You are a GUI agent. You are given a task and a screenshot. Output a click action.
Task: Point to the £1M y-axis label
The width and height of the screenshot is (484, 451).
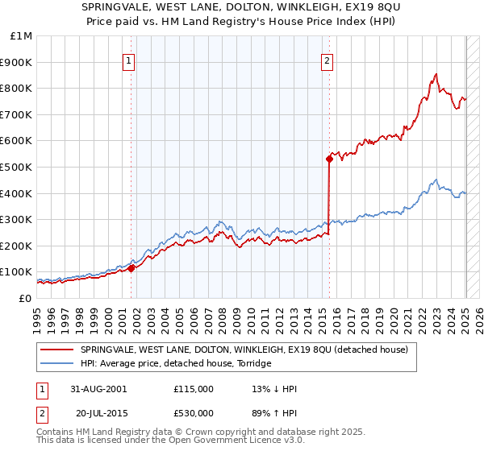coord(21,35)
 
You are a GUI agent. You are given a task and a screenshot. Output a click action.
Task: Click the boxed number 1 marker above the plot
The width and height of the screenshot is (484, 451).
coord(130,59)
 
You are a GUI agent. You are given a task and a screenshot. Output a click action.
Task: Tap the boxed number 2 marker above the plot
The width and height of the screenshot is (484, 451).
coord(328,59)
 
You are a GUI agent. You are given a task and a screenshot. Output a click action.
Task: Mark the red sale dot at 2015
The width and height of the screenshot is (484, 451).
coord(329,159)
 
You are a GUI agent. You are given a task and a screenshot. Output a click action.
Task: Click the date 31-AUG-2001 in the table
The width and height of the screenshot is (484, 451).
coord(99,389)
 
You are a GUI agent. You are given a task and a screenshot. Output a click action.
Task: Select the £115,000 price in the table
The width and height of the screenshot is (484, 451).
coord(194,389)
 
